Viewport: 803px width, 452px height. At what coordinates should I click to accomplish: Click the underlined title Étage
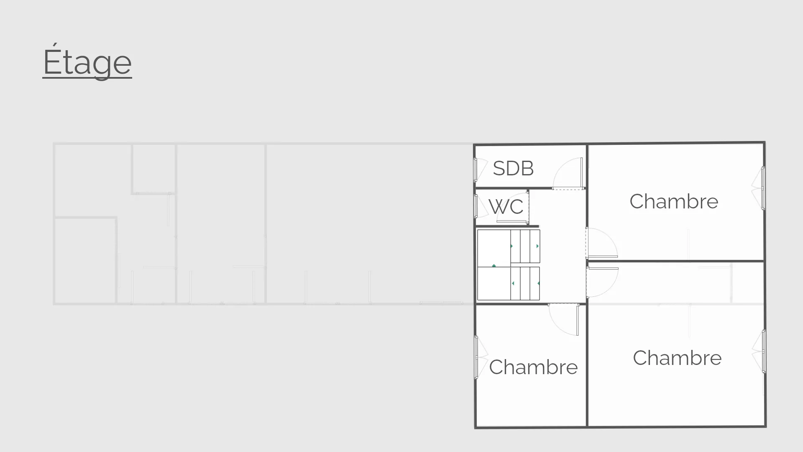coord(87,62)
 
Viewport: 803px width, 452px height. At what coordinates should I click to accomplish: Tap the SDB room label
coord(513,168)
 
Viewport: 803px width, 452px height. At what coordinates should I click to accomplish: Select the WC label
coord(506,207)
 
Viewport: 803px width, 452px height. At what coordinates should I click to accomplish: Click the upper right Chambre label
coord(674,201)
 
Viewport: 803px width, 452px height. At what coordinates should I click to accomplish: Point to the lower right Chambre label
coord(677,358)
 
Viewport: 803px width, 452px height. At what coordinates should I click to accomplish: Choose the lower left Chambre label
coord(533,367)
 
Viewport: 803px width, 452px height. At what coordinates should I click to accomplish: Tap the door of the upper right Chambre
coord(602,245)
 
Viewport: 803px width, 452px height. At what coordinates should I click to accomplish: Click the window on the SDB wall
coord(476,169)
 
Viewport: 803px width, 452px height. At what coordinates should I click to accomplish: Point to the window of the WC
coord(476,206)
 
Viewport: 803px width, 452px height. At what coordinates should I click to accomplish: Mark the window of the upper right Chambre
coord(763,188)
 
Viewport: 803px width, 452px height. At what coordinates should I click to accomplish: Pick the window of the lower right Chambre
coord(763,351)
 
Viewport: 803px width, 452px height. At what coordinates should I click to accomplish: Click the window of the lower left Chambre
coord(476,357)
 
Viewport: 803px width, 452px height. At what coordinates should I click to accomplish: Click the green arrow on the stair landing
coord(494,266)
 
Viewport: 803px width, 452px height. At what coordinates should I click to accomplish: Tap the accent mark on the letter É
coord(54,44)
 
